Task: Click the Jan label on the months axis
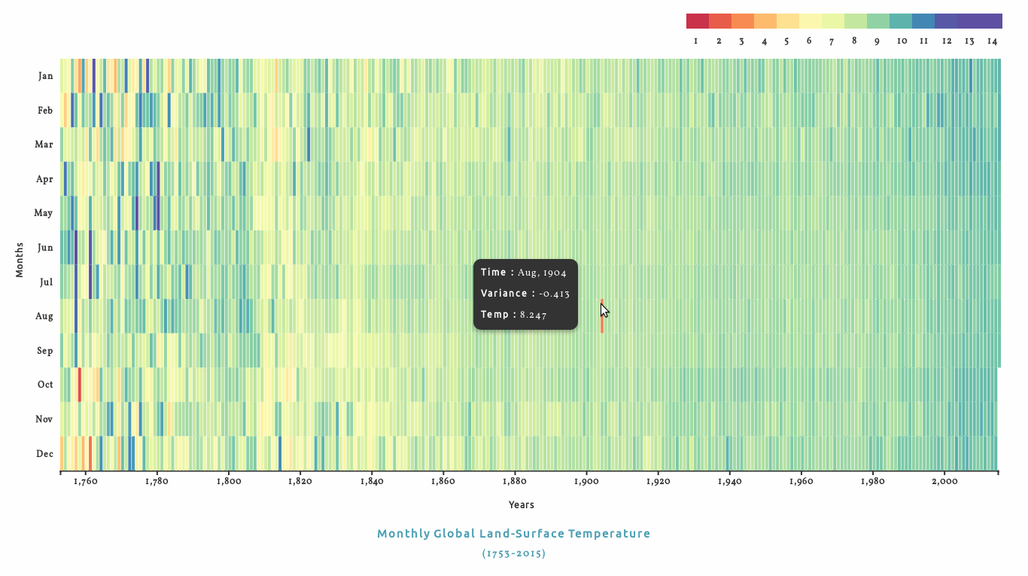pos(45,76)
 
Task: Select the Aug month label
pos(44,316)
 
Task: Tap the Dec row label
pos(44,454)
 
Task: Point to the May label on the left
pos(44,213)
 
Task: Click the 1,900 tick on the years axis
pos(585,481)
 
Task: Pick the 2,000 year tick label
pos(944,481)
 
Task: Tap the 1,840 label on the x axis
pos(371,481)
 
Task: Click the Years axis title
pos(521,504)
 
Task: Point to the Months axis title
pos(20,259)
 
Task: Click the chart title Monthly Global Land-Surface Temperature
pos(513,534)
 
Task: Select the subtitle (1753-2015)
pos(513,553)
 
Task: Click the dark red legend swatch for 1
pos(698,21)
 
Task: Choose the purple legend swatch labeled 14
pos(990,21)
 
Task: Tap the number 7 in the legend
pos(832,41)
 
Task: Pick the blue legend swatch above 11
pos(923,21)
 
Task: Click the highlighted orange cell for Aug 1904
pos(602,316)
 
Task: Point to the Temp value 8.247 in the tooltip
pos(533,315)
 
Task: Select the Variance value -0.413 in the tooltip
pos(555,294)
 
